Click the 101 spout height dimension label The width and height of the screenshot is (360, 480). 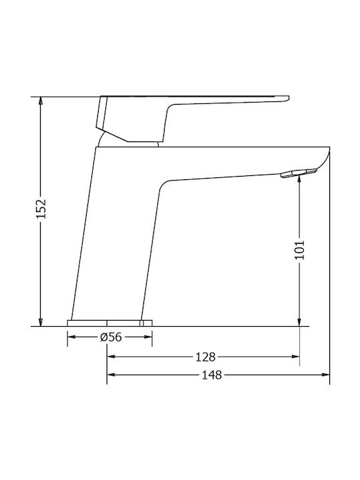tap(299, 249)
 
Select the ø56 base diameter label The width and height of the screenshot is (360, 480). tap(110, 338)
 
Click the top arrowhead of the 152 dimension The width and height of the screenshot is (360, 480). tap(41, 101)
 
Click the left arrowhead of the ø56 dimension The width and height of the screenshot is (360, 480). tap(71, 338)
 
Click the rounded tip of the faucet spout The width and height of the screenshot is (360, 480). tap(327, 155)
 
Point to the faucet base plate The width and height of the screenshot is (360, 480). tap(110, 323)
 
